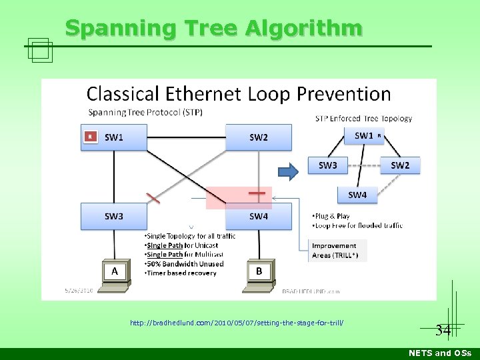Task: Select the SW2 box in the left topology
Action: (259, 137)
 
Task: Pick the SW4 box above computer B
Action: (259, 216)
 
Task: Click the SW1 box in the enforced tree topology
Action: (364, 136)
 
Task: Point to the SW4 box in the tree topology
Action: (357, 195)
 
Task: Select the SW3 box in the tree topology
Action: (328, 165)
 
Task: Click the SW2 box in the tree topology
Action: (400, 165)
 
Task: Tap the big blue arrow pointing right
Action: (288, 172)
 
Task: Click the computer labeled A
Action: (115, 272)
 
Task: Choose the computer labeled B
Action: (259, 272)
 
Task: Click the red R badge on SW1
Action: (90, 137)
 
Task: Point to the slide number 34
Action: (443, 329)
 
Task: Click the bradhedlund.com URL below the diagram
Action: (237, 323)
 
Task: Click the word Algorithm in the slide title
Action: (304, 28)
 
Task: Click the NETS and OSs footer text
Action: (439, 353)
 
